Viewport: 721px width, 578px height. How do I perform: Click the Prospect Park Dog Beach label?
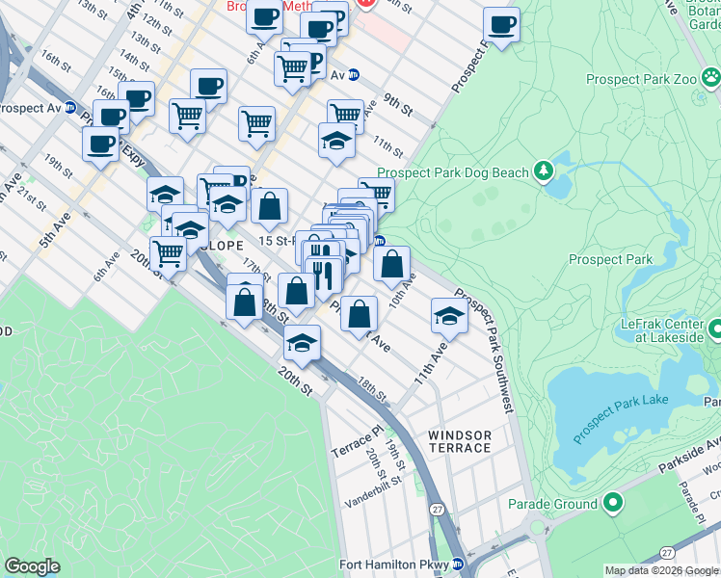[453, 172]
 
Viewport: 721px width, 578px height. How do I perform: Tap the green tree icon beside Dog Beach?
[544, 171]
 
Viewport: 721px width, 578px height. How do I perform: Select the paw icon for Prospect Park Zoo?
[710, 76]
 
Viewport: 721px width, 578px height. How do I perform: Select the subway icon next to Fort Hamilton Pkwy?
[458, 565]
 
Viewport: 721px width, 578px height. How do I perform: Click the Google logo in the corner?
[32, 566]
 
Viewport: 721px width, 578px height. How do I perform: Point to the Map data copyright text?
[661, 570]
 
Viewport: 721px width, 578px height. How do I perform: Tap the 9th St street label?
[397, 104]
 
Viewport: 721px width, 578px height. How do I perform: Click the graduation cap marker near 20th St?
[303, 343]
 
